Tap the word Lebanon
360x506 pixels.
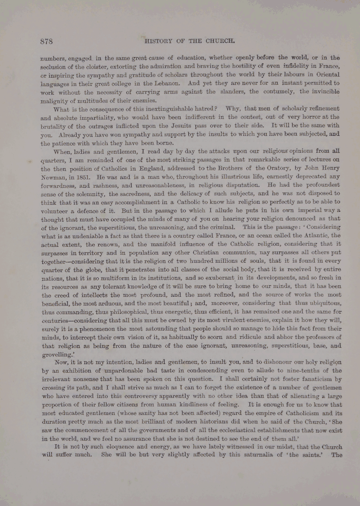155,83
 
